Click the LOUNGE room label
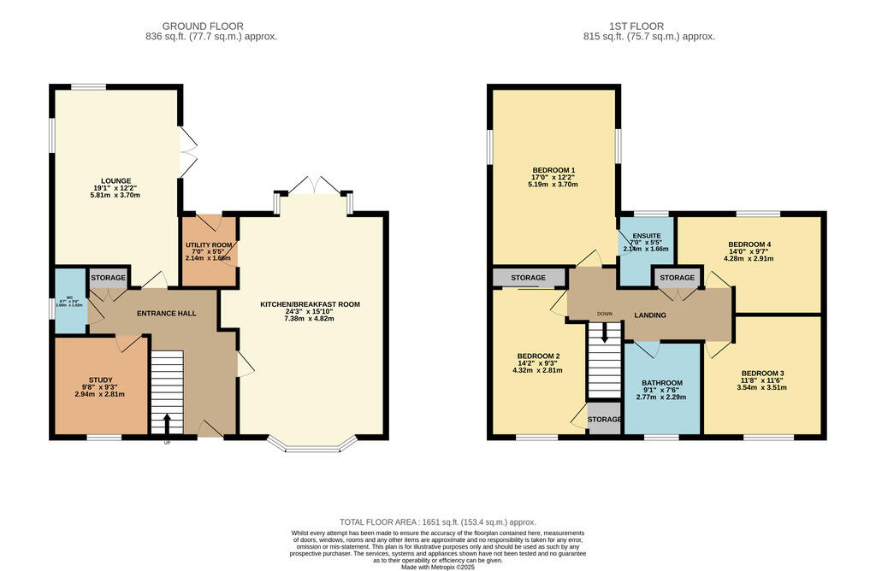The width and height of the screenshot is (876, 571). coord(115,181)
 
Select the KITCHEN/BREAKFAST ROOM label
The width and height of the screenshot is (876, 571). coord(311,304)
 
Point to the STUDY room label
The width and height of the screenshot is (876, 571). coord(100,380)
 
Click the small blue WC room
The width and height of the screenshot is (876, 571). coord(69,301)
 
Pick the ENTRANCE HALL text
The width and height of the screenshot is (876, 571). coord(167,314)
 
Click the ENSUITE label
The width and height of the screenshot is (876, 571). coord(646,235)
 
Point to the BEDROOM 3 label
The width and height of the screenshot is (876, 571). coord(762,374)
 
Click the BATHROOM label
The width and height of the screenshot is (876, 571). coord(663,383)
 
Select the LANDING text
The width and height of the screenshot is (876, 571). coord(649,315)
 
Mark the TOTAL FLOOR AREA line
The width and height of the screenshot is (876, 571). coord(437,521)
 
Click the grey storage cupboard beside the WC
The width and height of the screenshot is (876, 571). coord(108,279)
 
